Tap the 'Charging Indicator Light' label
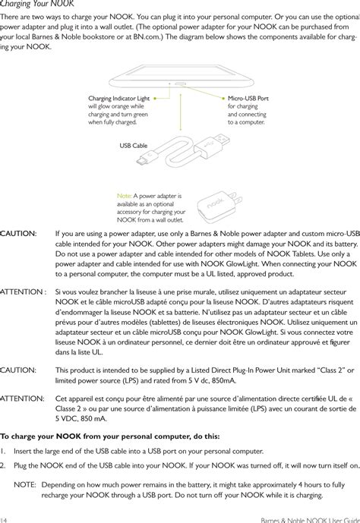pyautogui.click(x=119, y=98)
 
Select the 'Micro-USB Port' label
pyautogui.click(x=248, y=98)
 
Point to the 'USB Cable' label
pyautogui.click(x=134, y=144)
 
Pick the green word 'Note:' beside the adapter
pyautogui.click(x=125, y=195)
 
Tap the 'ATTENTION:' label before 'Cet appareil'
pyautogui.click(x=22, y=398)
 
